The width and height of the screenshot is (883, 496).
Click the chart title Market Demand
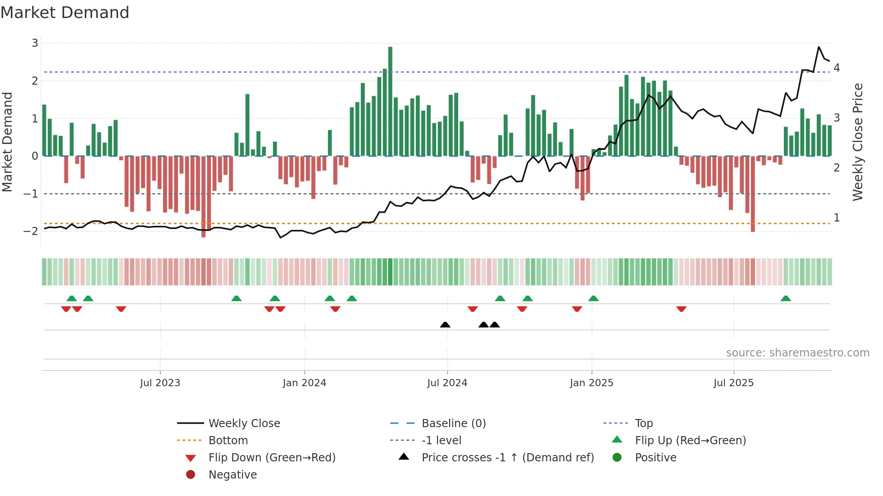(65, 13)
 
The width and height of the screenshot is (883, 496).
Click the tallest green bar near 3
(390, 101)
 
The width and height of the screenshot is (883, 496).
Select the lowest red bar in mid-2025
(753, 194)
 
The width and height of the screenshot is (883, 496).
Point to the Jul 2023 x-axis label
(160, 383)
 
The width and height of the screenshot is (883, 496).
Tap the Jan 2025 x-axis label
(591, 383)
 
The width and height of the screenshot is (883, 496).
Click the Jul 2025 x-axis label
(733, 383)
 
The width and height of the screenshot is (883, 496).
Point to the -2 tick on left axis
(31, 231)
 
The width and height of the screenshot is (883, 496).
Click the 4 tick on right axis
(837, 68)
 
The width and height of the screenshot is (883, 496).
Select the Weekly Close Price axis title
(857, 142)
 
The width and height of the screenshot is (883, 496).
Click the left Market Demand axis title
(8, 142)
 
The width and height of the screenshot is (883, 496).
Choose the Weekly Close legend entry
(244, 424)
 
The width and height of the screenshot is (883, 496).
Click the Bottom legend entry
(228, 441)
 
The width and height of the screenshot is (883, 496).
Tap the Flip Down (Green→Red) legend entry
(272, 458)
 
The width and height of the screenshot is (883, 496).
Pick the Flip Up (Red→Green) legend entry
(690, 441)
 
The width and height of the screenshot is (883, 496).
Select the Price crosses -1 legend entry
(507, 458)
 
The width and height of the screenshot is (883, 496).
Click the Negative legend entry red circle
(191, 475)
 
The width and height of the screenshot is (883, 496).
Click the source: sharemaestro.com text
(797, 353)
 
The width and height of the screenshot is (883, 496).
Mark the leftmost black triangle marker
(445, 325)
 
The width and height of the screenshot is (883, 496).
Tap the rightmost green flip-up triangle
(786, 298)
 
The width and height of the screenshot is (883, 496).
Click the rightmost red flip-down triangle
(681, 309)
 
